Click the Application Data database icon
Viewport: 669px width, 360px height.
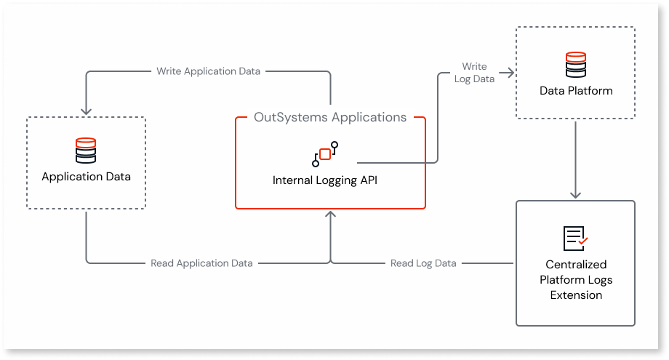point(86,151)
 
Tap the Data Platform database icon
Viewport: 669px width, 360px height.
point(575,65)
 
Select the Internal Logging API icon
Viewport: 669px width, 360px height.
point(325,154)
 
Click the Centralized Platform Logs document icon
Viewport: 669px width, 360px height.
point(575,238)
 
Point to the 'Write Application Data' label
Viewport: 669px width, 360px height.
point(208,71)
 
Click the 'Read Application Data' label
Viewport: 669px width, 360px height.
point(201,263)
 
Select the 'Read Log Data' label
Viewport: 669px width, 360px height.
point(423,263)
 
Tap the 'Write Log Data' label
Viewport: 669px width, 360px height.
point(474,73)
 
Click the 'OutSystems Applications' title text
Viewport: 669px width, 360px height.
point(330,116)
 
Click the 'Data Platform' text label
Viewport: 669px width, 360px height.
point(576,91)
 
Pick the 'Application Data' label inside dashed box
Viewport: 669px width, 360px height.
point(86,177)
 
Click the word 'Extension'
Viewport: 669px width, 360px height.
point(575,295)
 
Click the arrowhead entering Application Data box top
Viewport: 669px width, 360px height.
point(86,111)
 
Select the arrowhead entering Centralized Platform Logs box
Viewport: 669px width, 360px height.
point(575,194)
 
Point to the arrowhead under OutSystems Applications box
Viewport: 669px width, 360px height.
point(331,215)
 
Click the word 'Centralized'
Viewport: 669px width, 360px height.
point(575,265)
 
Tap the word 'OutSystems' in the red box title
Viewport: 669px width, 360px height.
point(284,116)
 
